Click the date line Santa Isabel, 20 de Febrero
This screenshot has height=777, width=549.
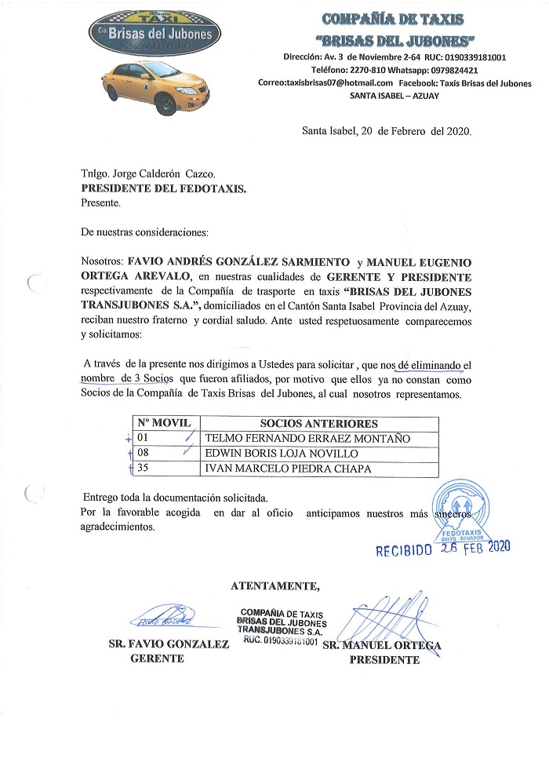pos(387,131)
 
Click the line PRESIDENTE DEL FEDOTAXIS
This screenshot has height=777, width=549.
pos(164,188)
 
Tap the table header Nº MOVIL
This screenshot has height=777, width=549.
pos(165,423)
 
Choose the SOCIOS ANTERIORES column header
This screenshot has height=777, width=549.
pos(318,423)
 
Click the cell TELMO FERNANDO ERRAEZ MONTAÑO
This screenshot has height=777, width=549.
pos(306,439)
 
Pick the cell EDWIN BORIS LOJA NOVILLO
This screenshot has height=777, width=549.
pos(282,454)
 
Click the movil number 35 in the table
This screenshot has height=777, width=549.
pos(143,469)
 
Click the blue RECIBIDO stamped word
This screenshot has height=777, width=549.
pos(404,550)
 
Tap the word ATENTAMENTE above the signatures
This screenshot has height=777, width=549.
pos(275,585)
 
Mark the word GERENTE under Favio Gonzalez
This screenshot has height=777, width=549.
pos(157,659)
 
